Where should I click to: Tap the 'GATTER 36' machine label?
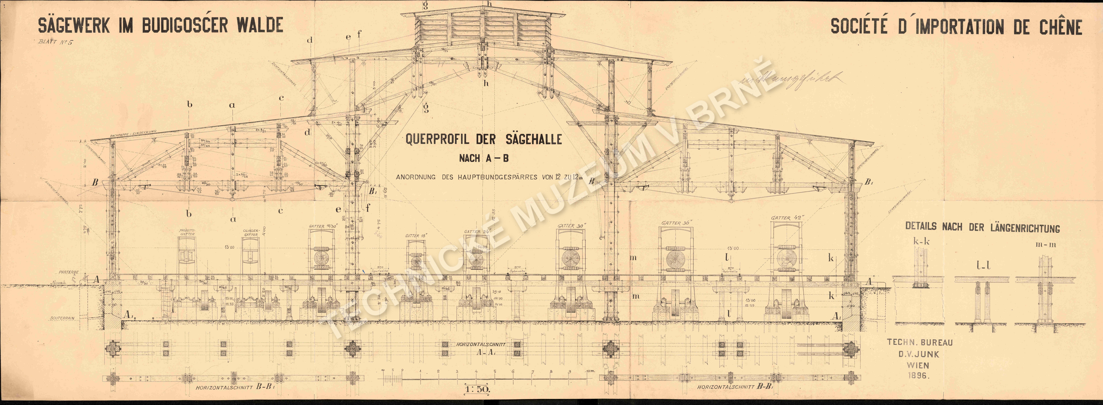677,223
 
